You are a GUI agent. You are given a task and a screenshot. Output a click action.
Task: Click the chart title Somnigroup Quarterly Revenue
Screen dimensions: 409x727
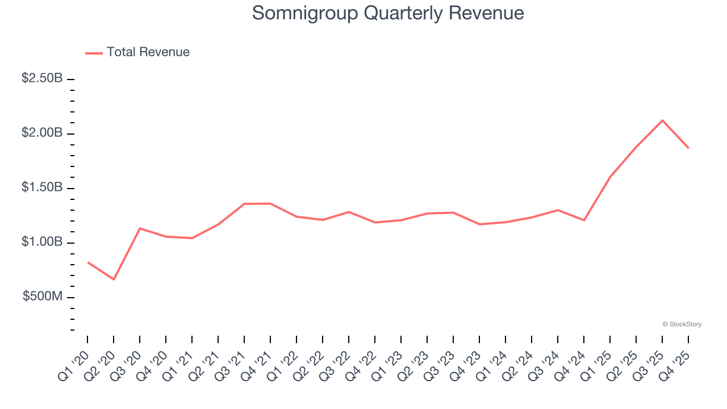[388, 13]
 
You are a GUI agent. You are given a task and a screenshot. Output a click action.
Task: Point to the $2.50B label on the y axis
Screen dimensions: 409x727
[42, 78]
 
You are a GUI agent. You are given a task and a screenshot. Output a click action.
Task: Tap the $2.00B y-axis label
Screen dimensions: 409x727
[42, 133]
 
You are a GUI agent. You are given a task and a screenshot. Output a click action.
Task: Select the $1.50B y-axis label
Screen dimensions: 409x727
[42, 187]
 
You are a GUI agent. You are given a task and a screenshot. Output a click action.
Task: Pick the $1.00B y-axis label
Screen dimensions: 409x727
[42, 242]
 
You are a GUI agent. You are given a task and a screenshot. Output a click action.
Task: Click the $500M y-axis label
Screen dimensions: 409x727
[43, 297]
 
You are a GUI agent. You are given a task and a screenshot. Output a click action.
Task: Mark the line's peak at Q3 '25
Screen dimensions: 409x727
[662, 120]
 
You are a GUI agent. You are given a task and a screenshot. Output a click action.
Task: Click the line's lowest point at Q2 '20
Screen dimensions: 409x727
[114, 279]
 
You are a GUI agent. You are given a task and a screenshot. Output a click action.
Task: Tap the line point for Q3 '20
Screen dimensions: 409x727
[140, 228]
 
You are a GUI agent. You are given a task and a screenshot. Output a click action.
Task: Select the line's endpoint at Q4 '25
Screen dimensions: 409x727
[688, 148]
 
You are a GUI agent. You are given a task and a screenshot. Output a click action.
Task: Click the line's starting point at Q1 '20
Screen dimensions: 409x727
[87, 262]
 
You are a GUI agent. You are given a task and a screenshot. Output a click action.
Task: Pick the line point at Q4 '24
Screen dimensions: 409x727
[584, 220]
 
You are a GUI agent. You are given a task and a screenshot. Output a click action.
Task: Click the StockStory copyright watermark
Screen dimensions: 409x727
[682, 324]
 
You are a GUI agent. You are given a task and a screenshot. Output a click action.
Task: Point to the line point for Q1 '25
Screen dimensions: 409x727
[610, 177]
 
